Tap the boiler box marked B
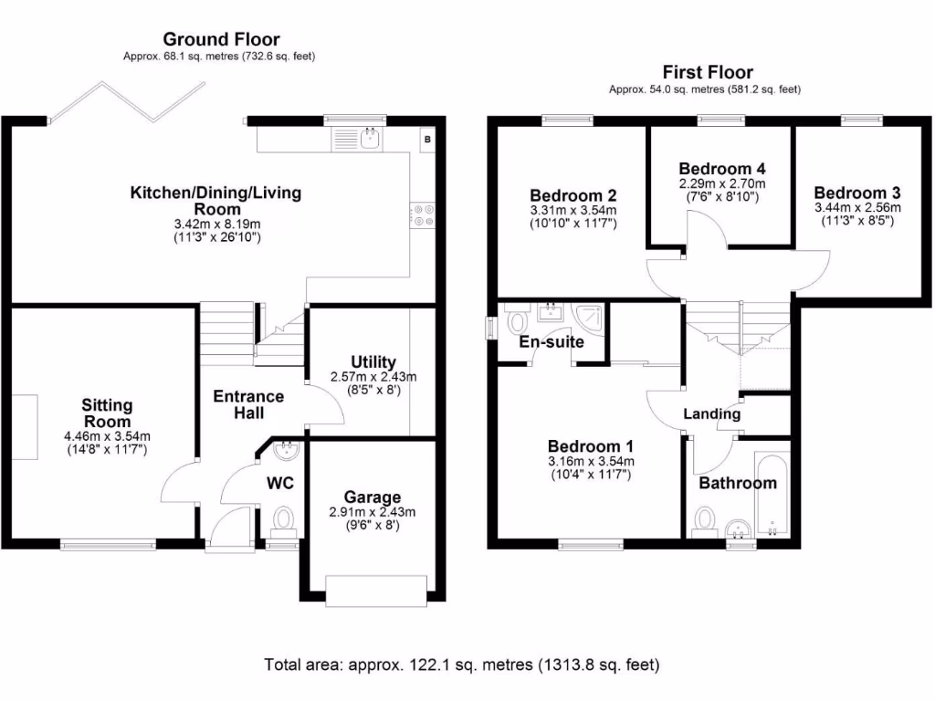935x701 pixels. [427, 139]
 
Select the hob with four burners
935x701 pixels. [424, 214]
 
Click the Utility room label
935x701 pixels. [373, 362]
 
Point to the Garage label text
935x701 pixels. [372, 497]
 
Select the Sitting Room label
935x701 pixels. [107, 413]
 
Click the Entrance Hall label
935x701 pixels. [248, 404]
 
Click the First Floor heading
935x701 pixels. [708, 73]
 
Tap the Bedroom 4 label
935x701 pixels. [721, 169]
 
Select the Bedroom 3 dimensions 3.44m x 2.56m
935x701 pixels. [857, 208]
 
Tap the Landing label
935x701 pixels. [712, 413]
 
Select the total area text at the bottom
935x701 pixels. [461, 664]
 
